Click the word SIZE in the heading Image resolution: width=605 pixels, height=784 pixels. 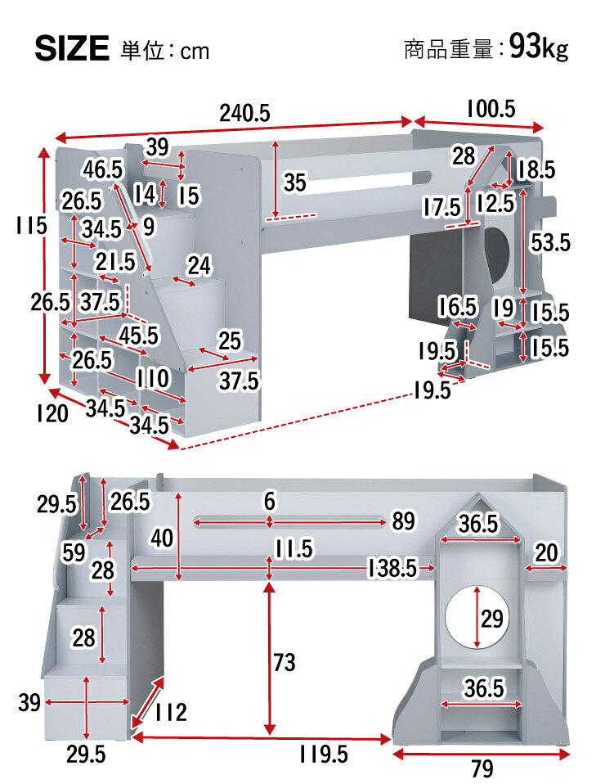tap(72, 49)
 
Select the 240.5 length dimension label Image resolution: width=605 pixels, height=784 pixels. tap(244, 114)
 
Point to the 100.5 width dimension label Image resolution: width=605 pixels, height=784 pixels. tap(491, 109)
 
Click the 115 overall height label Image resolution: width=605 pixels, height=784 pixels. tap(31, 225)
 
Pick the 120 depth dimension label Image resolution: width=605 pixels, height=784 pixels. tap(52, 414)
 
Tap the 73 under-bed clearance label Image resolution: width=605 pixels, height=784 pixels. tap(284, 663)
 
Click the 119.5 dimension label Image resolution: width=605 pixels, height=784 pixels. tap(323, 755)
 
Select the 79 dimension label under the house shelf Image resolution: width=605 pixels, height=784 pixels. tap(482, 768)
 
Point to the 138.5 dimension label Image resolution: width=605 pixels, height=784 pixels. tap(392, 568)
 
